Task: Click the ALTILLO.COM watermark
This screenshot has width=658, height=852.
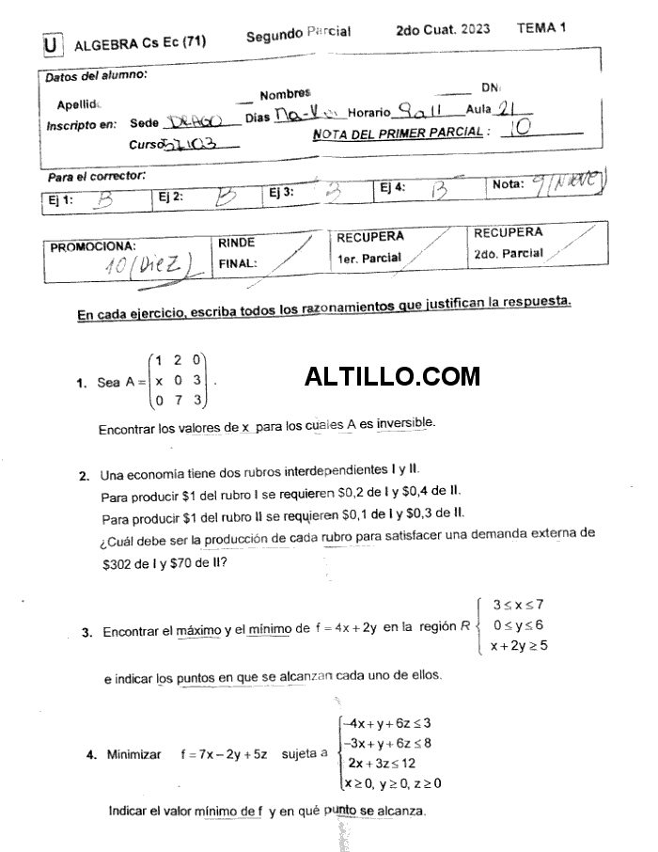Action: pos(392,377)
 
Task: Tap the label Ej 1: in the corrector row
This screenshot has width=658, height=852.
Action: pos(62,199)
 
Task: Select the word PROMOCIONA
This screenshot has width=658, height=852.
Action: pos(93,247)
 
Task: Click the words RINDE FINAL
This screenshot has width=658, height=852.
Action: pos(237,253)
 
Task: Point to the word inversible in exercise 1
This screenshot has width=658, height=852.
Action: pos(405,424)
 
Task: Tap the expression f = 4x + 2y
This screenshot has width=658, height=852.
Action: pos(340,629)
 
